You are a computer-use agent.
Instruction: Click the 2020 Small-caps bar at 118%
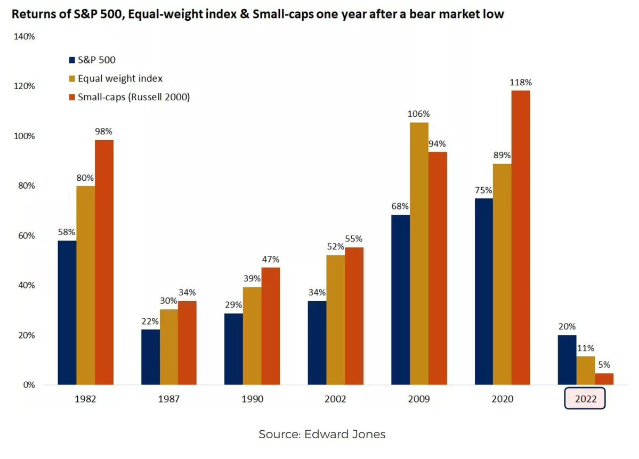521,237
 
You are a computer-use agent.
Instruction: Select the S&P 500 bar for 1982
67,312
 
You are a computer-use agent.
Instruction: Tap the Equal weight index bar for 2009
419,253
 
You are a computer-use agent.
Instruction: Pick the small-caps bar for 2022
604,379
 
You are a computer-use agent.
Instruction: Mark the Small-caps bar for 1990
271,326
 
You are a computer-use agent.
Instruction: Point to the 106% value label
419,114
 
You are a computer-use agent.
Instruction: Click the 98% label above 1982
104,131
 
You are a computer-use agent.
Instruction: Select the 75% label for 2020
484,190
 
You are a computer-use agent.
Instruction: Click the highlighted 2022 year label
585,399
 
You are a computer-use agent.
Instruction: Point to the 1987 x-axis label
168,399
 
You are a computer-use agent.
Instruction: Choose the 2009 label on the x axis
418,399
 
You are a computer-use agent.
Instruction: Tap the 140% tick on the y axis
24,37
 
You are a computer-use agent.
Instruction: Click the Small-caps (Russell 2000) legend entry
134,97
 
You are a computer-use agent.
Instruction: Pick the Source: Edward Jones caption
322,434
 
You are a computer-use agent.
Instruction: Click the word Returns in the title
34,14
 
